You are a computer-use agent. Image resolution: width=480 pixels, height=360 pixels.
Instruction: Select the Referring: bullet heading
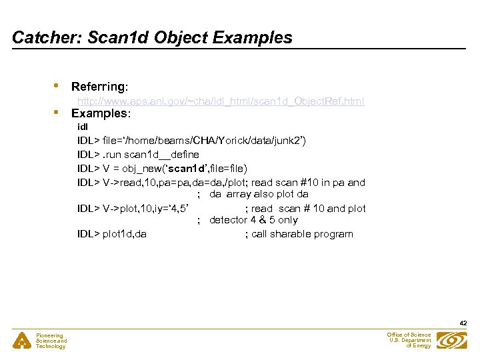[100, 87]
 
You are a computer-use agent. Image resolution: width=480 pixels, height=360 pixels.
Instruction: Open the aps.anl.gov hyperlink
[221, 101]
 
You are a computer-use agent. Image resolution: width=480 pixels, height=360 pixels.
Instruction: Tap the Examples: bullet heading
[101, 113]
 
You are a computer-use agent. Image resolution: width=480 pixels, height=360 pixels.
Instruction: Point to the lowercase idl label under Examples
[82, 127]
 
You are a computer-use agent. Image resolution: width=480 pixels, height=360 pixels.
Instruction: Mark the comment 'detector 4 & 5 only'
[253, 220]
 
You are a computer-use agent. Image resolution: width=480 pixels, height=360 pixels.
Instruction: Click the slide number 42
[463, 323]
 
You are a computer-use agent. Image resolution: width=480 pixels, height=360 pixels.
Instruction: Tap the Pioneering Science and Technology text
[51, 341]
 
